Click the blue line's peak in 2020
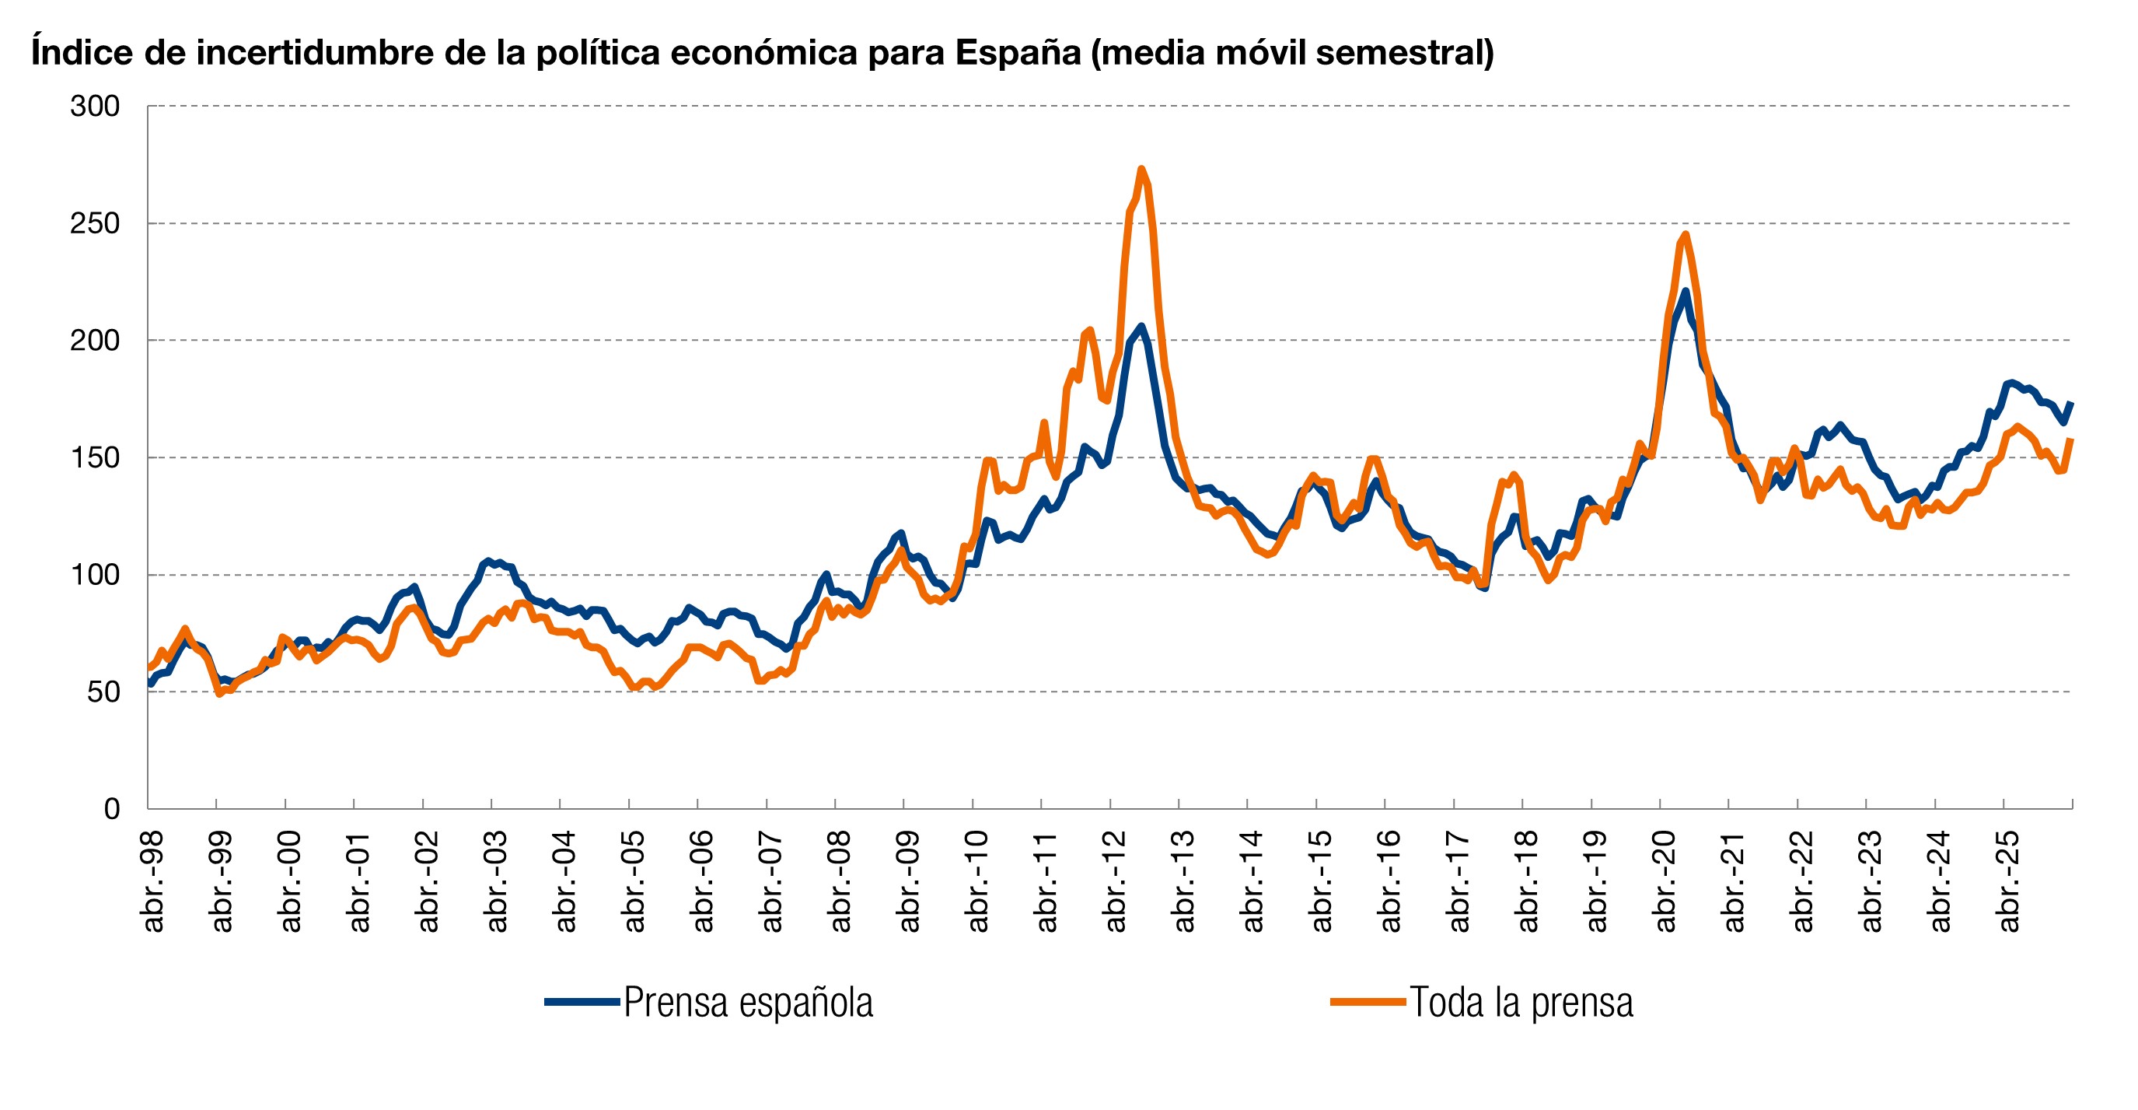coord(1686,291)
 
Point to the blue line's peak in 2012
coord(1141,326)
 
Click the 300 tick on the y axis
coord(96,107)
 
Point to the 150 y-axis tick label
coord(96,457)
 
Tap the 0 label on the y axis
coord(111,809)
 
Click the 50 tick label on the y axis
coord(103,692)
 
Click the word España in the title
coord(1018,52)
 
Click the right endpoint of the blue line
coord(2072,404)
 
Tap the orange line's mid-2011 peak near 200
coord(1089,331)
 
